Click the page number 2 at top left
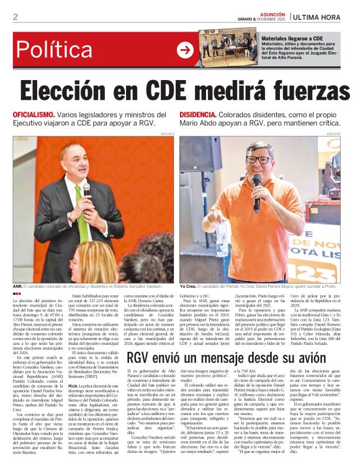coord(15,17)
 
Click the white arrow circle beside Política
coord(185,50)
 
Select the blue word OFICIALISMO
coord(35,115)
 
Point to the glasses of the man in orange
coord(257,159)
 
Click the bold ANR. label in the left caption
coord(17,287)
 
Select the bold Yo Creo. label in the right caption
coord(188,287)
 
